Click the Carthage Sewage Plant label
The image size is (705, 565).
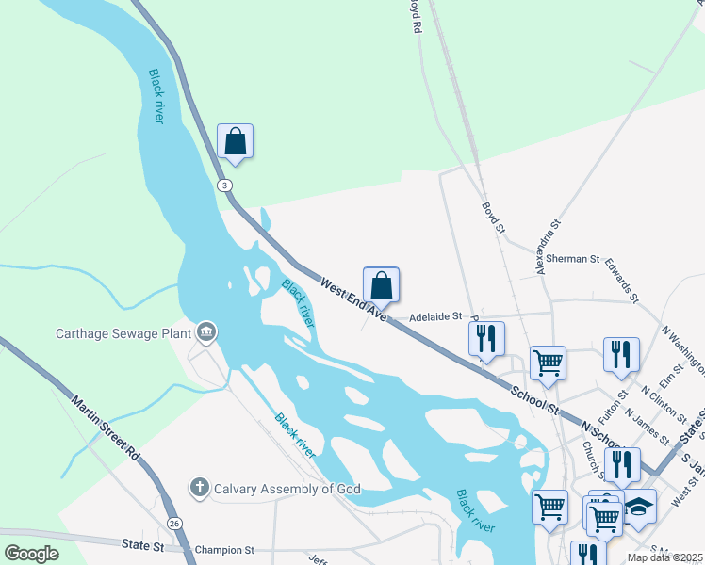(x=123, y=332)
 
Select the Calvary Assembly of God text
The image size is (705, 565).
(x=287, y=488)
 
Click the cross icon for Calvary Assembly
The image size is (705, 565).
(x=199, y=488)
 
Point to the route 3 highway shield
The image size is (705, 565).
(x=224, y=185)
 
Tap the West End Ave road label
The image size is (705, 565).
(x=353, y=297)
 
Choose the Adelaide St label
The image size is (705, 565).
(x=435, y=316)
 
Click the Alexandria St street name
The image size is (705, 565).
(x=547, y=248)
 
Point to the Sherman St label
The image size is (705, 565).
(x=572, y=258)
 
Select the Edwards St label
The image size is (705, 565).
(x=622, y=280)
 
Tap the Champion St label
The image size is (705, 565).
(x=223, y=549)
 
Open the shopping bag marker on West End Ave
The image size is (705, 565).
(x=381, y=284)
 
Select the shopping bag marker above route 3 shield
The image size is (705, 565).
(x=235, y=142)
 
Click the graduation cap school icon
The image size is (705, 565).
(x=639, y=508)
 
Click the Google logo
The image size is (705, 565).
(x=32, y=554)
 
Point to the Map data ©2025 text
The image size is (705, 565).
(x=664, y=557)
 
